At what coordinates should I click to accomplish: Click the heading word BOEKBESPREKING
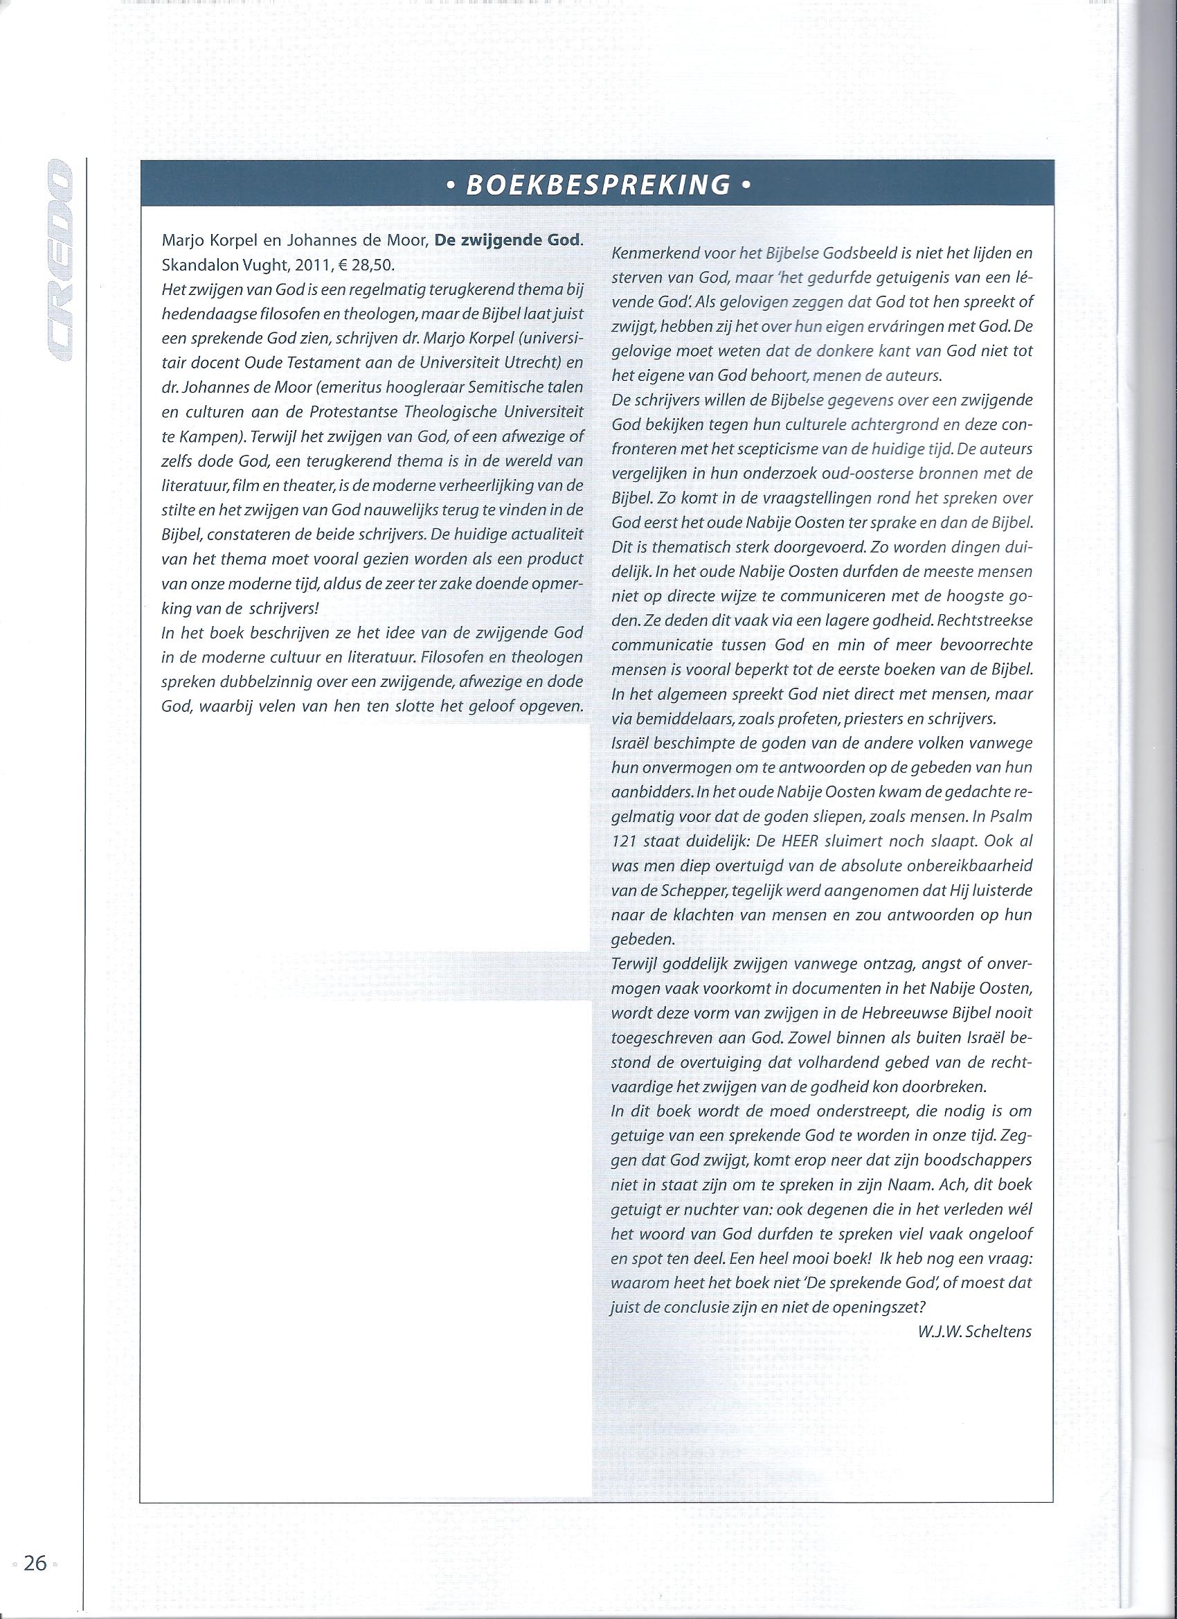[x=598, y=185]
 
